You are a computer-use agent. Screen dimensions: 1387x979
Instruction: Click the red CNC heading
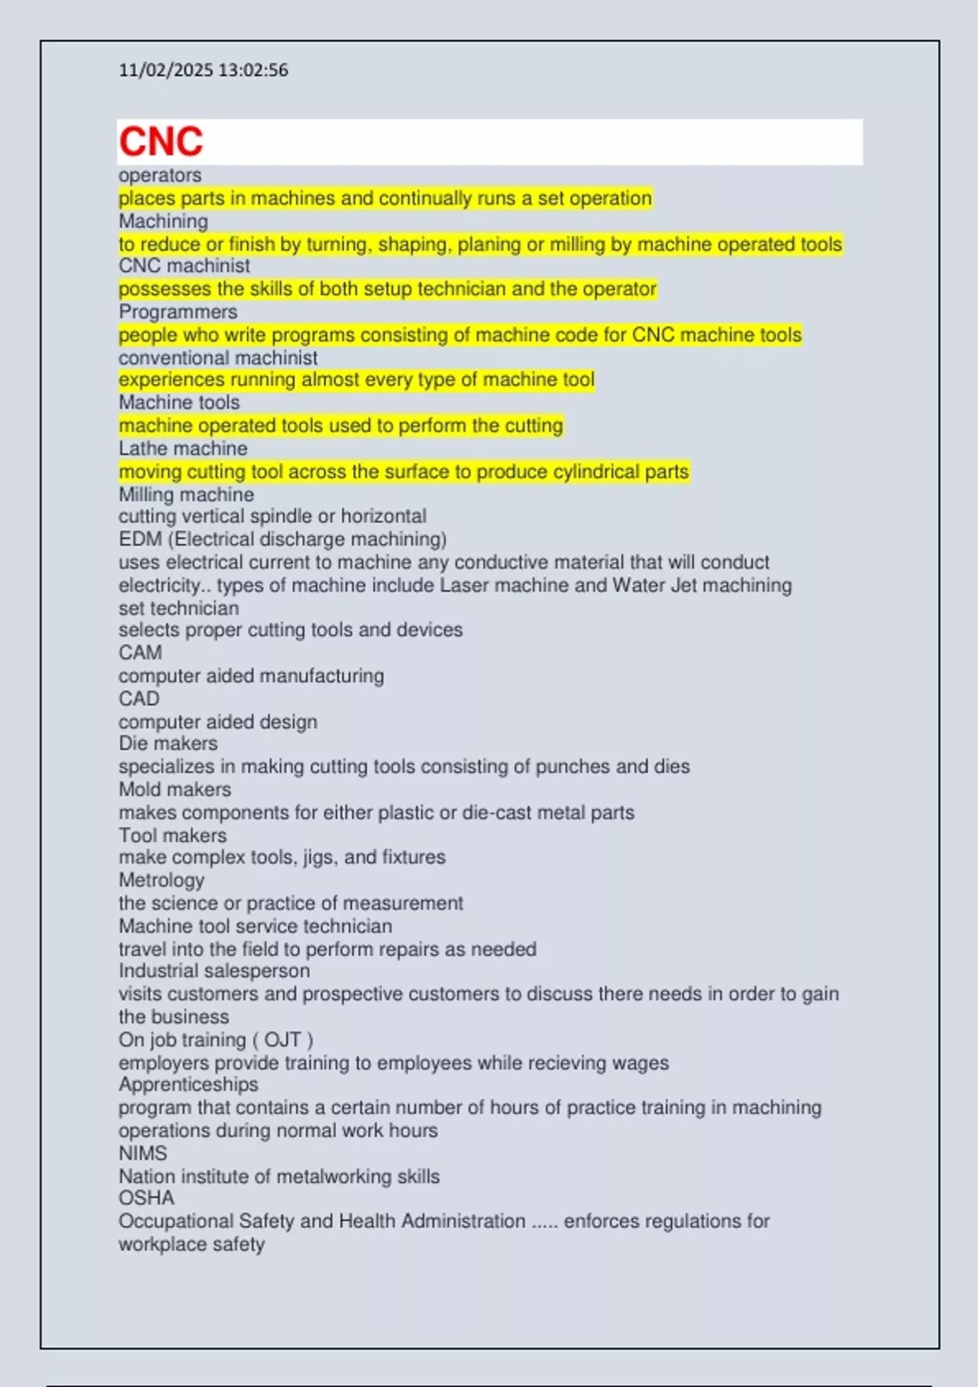(161, 142)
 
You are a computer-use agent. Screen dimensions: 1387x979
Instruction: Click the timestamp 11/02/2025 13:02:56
(203, 70)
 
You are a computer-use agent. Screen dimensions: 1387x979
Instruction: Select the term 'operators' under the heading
(160, 175)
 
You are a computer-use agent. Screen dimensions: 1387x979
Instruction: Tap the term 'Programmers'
(178, 312)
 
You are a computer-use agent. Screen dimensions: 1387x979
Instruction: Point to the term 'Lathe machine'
(183, 449)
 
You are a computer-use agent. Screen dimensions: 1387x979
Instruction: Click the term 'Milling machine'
(186, 494)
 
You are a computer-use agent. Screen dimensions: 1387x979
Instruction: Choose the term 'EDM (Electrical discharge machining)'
(282, 539)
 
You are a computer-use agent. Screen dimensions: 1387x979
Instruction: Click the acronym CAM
(140, 653)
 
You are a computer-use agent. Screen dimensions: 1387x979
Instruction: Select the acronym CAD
(139, 698)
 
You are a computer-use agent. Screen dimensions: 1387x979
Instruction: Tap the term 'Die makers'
(168, 743)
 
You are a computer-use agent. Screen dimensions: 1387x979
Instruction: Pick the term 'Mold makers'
(175, 789)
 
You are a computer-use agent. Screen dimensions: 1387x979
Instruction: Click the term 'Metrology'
(162, 880)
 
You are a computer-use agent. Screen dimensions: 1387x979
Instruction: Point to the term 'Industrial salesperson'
(214, 971)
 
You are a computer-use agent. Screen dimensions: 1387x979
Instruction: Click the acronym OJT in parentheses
(282, 1040)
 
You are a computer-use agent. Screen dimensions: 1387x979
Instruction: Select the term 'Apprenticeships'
(188, 1084)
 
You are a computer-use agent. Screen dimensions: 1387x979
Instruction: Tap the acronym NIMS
(143, 1154)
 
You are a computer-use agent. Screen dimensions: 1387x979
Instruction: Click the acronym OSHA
(146, 1198)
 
